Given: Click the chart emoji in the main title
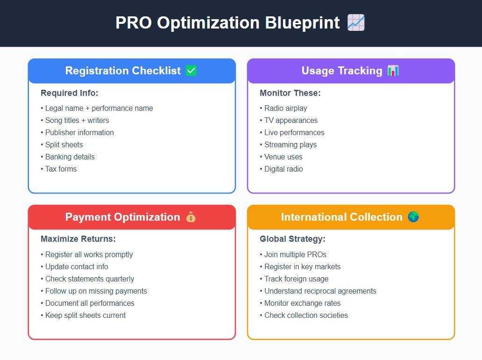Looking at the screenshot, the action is click(x=356, y=22).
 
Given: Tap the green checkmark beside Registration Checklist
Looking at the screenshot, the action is click(x=191, y=71).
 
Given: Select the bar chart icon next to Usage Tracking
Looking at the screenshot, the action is click(x=393, y=71).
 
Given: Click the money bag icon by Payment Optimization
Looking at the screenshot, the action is click(x=191, y=217).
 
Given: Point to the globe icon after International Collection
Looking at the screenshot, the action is click(x=413, y=217).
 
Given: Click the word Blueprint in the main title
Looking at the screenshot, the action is click(x=302, y=23).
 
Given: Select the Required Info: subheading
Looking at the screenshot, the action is click(x=70, y=93).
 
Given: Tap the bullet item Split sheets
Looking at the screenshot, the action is click(x=62, y=144).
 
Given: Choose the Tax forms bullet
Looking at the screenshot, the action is click(x=59, y=169).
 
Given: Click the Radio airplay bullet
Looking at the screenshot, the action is click(x=284, y=108).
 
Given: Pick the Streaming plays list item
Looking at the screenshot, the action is click(x=288, y=144).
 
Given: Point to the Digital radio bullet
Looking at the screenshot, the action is click(x=281, y=169).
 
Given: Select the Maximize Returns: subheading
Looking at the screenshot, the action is click(x=78, y=239).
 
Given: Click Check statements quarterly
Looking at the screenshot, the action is click(x=87, y=279).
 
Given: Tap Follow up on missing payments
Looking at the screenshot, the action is click(x=94, y=291).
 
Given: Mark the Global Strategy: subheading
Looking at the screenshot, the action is click(x=292, y=239).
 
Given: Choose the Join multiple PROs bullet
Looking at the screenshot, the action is click(x=293, y=254).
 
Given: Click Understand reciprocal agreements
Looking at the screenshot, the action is click(x=318, y=291).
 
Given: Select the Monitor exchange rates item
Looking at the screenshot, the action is click(x=300, y=303).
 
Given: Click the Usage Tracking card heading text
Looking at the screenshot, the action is click(x=342, y=71).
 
